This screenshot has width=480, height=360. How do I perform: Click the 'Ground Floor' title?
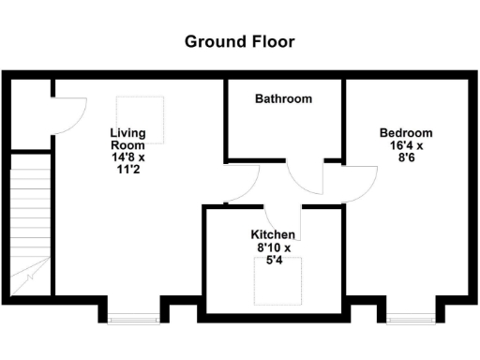point(239,41)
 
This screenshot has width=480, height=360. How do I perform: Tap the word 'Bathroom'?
point(284,99)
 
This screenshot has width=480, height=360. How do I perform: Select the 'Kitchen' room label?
point(273,234)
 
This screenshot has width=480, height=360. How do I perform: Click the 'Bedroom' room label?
point(406,133)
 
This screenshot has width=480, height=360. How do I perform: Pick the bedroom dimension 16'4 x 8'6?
point(406,153)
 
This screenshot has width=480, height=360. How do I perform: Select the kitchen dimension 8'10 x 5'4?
point(273,254)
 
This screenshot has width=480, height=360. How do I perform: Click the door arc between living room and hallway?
point(242,184)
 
